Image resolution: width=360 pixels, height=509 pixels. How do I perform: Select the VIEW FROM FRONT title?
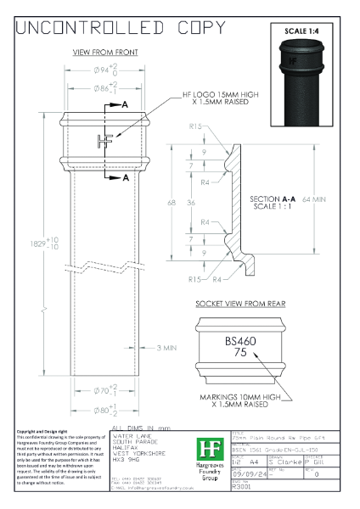[105, 53]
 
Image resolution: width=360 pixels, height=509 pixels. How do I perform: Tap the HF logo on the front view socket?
[104, 142]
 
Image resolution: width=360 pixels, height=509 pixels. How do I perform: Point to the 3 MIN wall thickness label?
[166, 348]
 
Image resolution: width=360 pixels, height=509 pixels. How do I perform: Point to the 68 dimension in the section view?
[172, 204]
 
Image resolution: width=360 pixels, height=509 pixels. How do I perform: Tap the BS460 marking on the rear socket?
[240, 340]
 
